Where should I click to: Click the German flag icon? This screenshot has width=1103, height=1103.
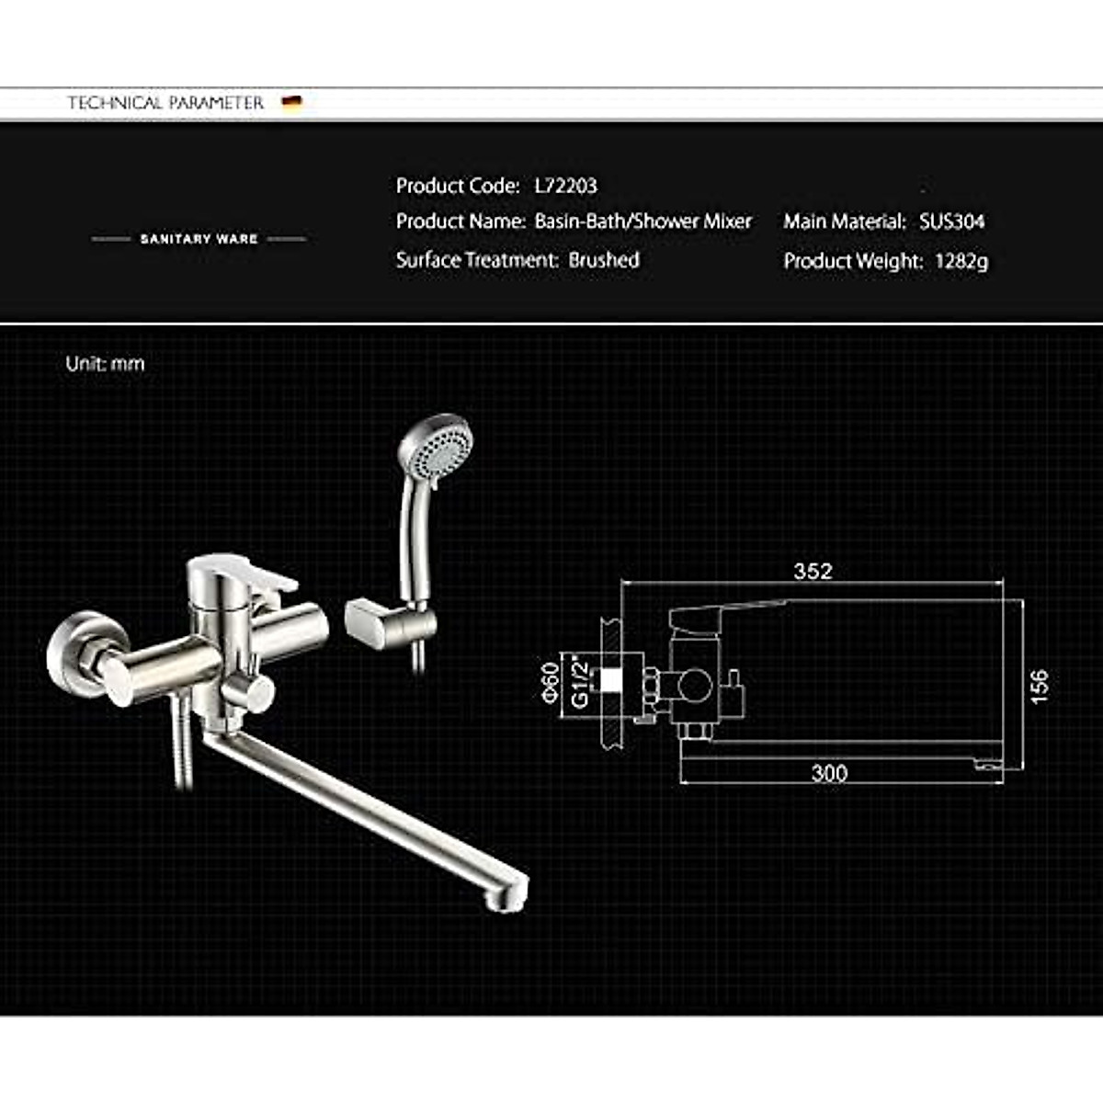pyautogui.click(x=292, y=102)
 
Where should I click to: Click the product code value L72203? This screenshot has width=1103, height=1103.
pyautogui.click(x=565, y=186)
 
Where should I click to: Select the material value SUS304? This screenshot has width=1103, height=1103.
pyautogui.click(x=951, y=222)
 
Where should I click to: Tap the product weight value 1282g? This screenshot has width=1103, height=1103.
pyautogui.click(x=961, y=261)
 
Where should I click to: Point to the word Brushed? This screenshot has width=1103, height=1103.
pyautogui.click(x=604, y=260)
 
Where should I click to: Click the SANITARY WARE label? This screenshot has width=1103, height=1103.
pyautogui.click(x=199, y=239)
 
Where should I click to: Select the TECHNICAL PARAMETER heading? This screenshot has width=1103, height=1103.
pyautogui.click(x=165, y=103)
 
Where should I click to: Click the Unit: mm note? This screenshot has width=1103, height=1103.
pyautogui.click(x=105, y=364)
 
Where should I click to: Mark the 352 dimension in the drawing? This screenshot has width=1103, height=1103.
pyautogui.click(x=813, y=571)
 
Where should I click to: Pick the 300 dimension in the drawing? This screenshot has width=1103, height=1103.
pyautogui.click(x=828, y=773)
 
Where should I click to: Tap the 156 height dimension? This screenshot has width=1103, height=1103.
pyautogui.click(x=1039, y=687)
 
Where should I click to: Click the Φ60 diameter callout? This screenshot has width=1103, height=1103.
pyautogui.click(x=551, y=681)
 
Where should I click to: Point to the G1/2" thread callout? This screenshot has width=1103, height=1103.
pyautogui.click(x=580, y=681)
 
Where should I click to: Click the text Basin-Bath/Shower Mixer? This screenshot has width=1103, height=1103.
pyautogui.click(x=642, y=222)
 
